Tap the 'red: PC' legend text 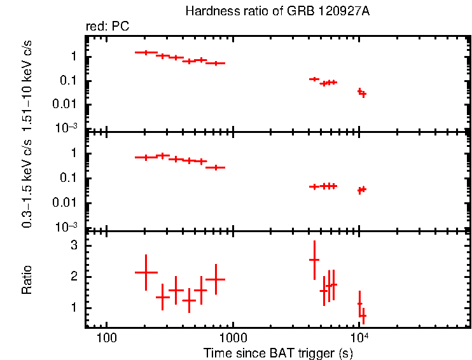coord(108,26)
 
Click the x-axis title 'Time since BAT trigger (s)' coord(278,352)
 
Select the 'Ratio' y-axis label coord(27,280)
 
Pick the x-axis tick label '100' coord(106,336)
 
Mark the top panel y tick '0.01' coord(66,104)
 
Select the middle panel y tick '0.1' coord(70,178)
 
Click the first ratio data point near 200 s coord(146,272)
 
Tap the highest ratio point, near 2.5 coord(314,260)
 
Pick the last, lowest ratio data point coord(363,315)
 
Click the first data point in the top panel coord(146,52)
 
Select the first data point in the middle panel coord(146,157)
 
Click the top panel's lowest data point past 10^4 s coord(363,94)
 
